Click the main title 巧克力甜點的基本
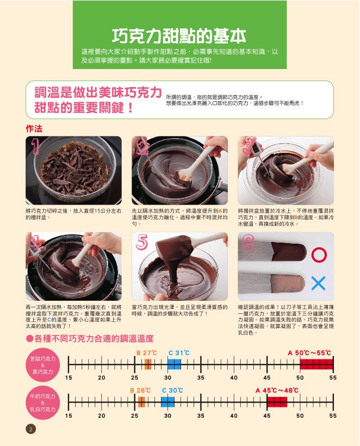click(x=179, y=36)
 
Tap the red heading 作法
click(x=34, y=129)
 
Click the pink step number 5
click(x=142, y=243)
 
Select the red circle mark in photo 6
click(x=319, y=255)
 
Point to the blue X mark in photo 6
click(x=318, y=283)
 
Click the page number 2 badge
click(x=30, y=429)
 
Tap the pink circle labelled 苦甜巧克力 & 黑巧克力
click(x=42, y=365)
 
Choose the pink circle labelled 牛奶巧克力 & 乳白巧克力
click(x=42, y=403)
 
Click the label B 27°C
click(x=147, y=353)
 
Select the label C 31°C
click(x=179, y=353)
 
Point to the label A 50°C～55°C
click(x=309, y=353)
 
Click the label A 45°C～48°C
click(x=277, y=391)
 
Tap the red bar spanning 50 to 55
click(x=316, y=364)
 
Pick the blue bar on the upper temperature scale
click(x=175, y=364)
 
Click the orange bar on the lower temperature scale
click(x=141, y=402)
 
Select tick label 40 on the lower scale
click(x=234, y=416)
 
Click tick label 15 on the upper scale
click(x=69, y=377)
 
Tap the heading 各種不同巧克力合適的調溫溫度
click(x=90, y=338)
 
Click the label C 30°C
click(x=172, y=391)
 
